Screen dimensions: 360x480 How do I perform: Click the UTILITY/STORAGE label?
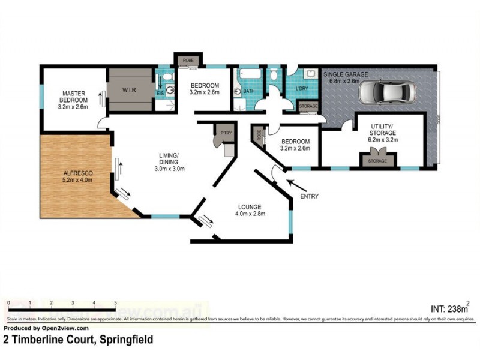pos(382,132)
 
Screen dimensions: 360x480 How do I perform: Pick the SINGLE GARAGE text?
pos(346,74)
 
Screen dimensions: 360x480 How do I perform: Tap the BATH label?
pos(249,92)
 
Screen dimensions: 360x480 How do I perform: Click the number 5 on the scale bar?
pos(115,304)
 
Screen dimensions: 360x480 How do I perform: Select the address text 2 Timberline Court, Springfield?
pos(78,340)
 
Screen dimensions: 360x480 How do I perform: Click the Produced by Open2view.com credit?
pos(46,328)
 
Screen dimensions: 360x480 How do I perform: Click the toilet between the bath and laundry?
pos(274,76)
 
